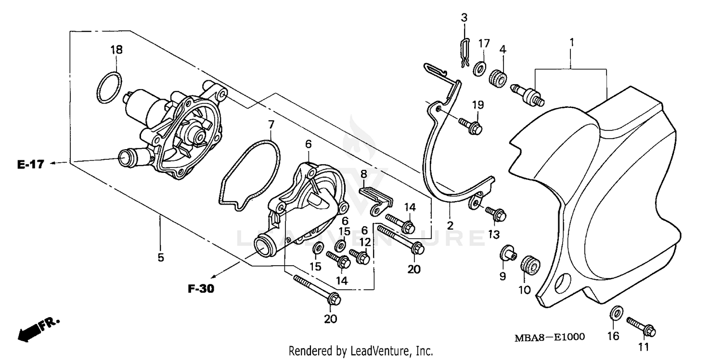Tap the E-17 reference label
point(30,165)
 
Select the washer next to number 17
point(479,69)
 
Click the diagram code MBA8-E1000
point(550,336)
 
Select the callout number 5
point(160,257)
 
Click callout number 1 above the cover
point(571,42)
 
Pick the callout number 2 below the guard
point(450,225)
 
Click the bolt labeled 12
point(360,256)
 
